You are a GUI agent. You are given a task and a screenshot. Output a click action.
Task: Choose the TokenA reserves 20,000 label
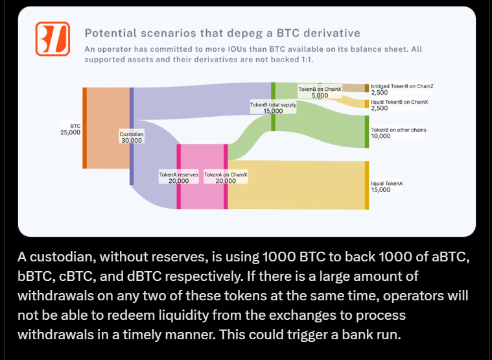pos(179,178)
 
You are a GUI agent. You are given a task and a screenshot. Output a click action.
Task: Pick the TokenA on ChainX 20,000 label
pos(226,178)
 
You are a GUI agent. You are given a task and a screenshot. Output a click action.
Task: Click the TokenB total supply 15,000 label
pos(273,107)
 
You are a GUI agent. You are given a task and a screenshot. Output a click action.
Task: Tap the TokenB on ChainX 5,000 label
pos(320,91)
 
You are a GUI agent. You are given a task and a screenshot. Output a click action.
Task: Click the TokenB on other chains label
pos(398,133)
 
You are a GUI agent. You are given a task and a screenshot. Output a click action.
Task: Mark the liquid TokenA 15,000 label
pos(386,187)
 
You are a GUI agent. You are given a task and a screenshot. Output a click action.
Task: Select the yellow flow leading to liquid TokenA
pos(298,185)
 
